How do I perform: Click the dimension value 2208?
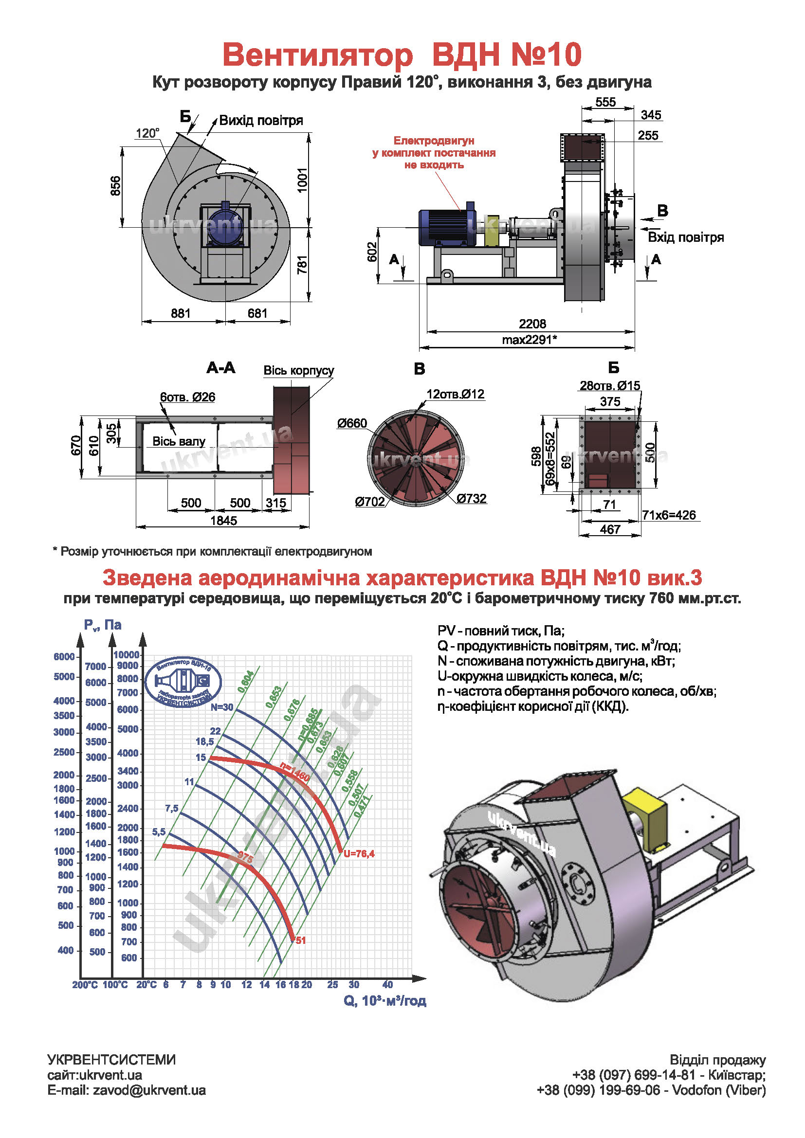tap(532, 324)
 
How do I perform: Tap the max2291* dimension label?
tap(530, 340)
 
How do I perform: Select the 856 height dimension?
tap(115, 185)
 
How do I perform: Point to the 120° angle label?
tap(147, 133)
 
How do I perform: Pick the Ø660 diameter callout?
tap(352, 423)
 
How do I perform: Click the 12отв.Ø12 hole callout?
tap(456, 394)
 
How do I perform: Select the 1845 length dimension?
tap(223, 521)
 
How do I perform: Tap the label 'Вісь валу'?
tap(179, 441)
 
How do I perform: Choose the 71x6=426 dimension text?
tap(669, 515)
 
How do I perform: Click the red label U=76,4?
tap(359, 853)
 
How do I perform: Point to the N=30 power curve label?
tap(221, 707)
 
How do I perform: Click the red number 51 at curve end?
tap(301, 940)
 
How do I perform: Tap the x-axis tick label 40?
tap(387, 985)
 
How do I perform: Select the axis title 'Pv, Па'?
tap(103, 625)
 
